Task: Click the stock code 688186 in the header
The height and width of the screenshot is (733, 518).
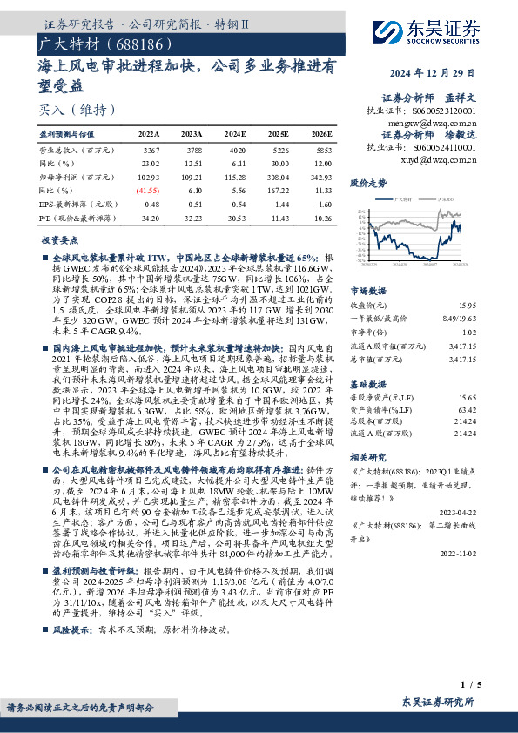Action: tap(127, 43)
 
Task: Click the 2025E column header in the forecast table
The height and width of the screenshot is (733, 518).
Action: tap(278, 135)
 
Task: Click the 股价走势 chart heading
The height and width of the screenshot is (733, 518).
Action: tap(367, 184)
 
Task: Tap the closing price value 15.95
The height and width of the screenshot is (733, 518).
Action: tap(468, 306)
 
